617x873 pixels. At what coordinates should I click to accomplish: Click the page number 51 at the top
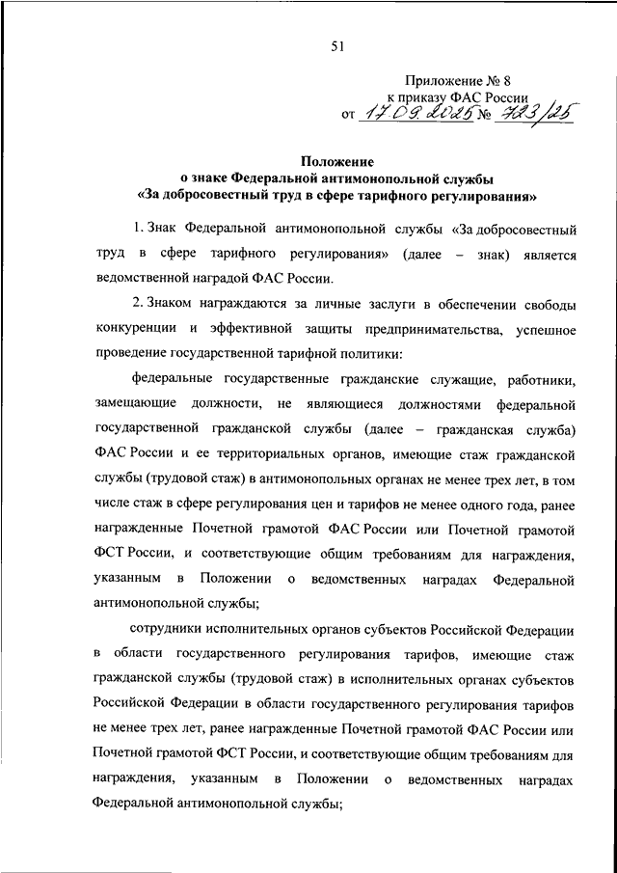337,43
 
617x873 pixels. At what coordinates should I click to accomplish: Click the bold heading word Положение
337,162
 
